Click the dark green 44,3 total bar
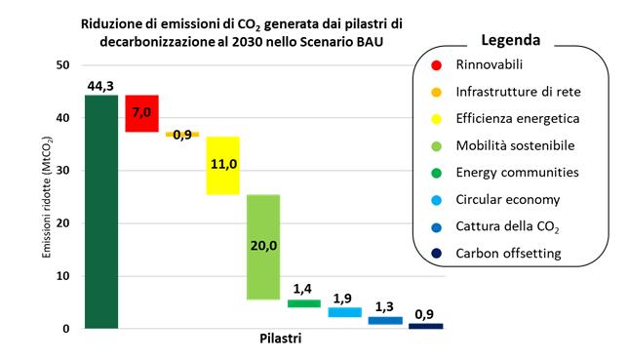coord(101,212)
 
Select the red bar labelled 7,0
coord(141,113)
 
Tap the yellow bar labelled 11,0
coord(222,165)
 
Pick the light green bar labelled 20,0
coord(263,246)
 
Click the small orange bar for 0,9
coord(182,134)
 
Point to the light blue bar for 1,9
coord(344,312)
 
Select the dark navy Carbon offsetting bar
coord(425,326)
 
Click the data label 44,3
coord(101,86)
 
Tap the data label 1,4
coord(303,290)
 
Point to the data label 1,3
coord(385,305)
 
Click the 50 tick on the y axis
coord(60,65)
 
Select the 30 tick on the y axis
coord(60,171)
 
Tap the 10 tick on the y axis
coord(60,276)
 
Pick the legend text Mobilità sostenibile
coord(514,145)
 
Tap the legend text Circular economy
coord(507,200)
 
